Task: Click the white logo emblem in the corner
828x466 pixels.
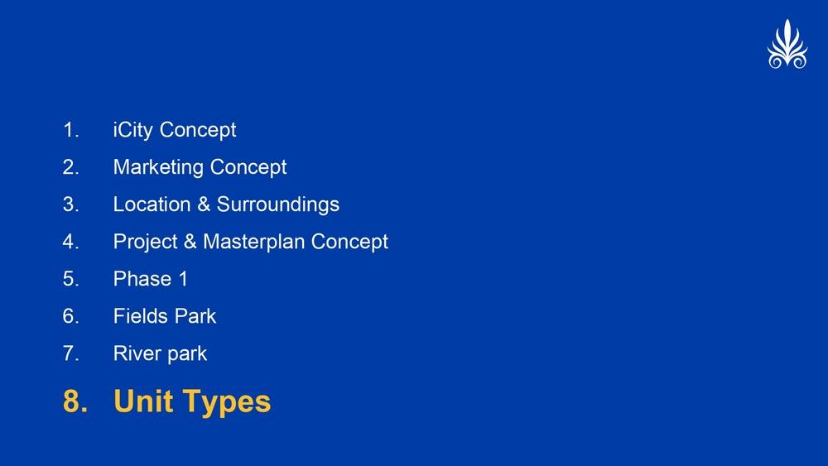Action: (787, 45)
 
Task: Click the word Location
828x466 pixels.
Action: (152, 204)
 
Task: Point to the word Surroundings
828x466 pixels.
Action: (277, 205)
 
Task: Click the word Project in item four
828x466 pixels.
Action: (145, 243)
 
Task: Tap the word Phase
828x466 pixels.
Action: (142, 279)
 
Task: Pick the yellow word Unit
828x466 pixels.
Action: (143, 401)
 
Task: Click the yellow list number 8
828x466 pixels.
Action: (75, 401)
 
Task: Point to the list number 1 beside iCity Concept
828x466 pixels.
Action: (70, 130)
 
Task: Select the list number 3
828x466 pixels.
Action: (70, 204)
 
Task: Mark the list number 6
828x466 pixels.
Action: (70, 316)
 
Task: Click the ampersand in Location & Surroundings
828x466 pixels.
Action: (204, 204)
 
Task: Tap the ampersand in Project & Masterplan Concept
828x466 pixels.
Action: (190, 242)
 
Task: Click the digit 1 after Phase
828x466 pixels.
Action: (183, 279)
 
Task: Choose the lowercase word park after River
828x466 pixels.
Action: (185, 354)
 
